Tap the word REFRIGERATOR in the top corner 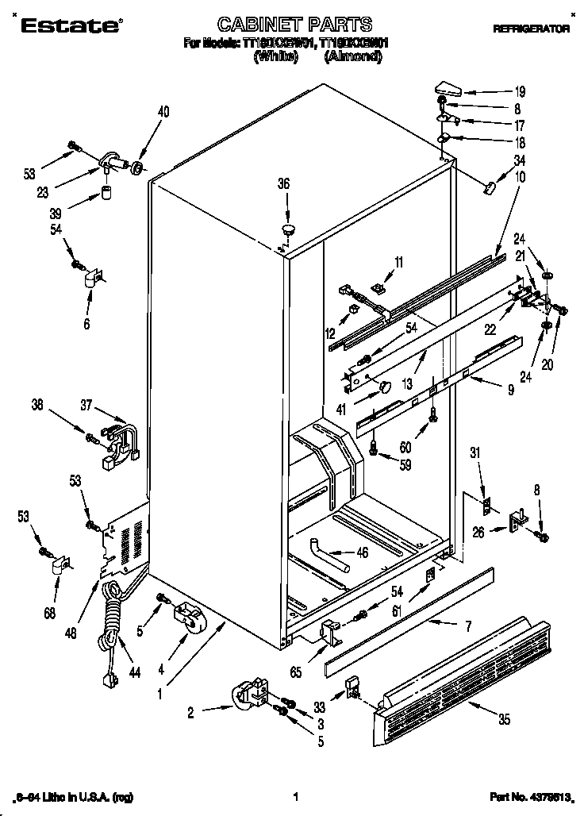pos(532,29)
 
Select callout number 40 pos(163,112)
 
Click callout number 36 pos(284,184)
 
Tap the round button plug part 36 pos(288,230)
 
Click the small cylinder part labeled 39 pos(106,194)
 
